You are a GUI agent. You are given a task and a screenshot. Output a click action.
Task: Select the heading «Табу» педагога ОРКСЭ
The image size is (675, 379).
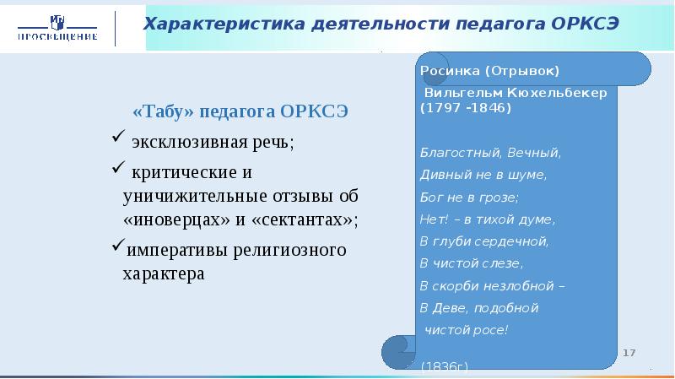[240, 112]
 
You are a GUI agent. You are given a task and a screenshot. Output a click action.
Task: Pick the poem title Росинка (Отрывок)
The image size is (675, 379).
[489, 70]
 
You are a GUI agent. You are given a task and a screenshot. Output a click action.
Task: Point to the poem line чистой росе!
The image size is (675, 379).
[466, 328]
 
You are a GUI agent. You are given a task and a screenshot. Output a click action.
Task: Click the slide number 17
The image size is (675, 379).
[629, 351]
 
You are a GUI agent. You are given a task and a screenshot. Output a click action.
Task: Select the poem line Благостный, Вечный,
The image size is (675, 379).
[489, 153]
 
